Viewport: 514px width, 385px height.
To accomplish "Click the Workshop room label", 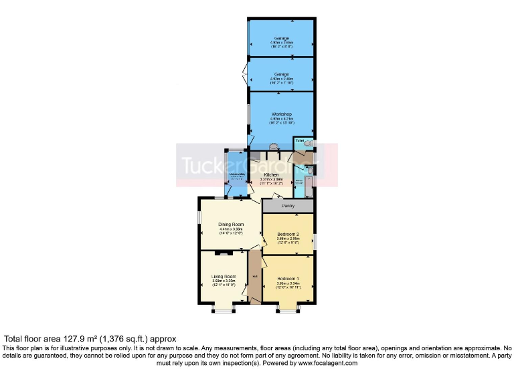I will (x=281, y=114).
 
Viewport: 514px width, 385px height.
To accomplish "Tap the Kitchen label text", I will (x=271, y=175).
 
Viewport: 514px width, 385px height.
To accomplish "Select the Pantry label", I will (x=288, y=206).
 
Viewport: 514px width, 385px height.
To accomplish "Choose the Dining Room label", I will (x=230, y=225).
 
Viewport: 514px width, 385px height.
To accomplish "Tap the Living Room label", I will (x=224, y=276).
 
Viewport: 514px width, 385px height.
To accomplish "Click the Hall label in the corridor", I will (x=254, y=275).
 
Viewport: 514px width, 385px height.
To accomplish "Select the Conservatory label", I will (x=237, y=174).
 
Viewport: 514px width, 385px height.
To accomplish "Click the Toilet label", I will (x=299, y=141).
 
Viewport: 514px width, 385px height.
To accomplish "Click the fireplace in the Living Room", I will (x=224, y=253).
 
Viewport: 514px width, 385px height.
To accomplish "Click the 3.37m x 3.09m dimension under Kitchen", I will (x=271, y=179).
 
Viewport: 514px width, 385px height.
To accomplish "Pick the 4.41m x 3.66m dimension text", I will (x=230, y=229).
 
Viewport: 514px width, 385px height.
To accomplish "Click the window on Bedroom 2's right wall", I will (x=316, y=239).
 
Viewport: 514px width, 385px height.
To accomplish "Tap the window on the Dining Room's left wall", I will (x=199, y=218).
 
